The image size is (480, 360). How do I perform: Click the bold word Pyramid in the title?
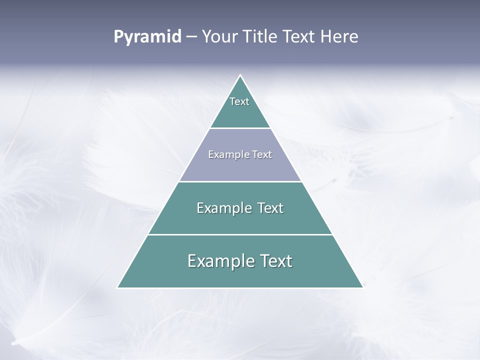[x=147, y=37]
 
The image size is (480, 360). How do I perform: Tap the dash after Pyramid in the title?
[x=191, y=37]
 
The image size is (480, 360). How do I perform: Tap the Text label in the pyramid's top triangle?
[x=239, y=101]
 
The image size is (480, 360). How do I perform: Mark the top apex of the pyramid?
[x=240, y=75]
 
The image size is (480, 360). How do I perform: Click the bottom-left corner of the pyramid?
[x=118, y=287]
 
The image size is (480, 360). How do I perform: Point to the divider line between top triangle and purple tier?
[x=240, y=128]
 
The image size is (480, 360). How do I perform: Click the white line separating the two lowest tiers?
[x=240, y=234]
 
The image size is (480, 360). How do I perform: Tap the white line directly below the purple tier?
[x=240, y=181]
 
